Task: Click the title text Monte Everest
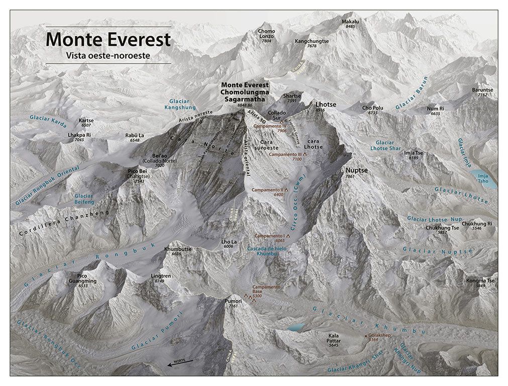[108, 39]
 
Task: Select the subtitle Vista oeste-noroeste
[108, 55]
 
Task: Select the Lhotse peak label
[326, 105]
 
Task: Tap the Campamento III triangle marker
[304, 154]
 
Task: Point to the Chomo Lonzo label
[266, 33]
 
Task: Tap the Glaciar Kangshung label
[179, 105]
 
